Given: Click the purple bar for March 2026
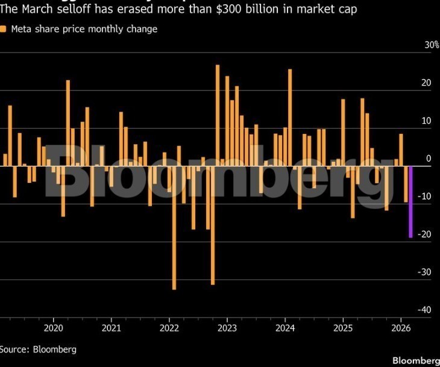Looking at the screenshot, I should pyautogui.click(x=410, y=202).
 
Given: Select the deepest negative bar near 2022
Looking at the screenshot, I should pyautogui.click(x=174, y=228).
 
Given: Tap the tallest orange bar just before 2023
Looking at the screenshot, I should pyautogui.click(x=218, y=115).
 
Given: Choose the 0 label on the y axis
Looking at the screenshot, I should pyautogui.click(x=428, y=159).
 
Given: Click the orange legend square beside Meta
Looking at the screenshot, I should pyautogui.click(x=4, y=29).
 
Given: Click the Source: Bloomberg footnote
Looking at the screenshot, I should pyautogui.click(x=38, y=349).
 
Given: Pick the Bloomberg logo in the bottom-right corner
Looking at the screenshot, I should pyautogui.click(x=416, y=360).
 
